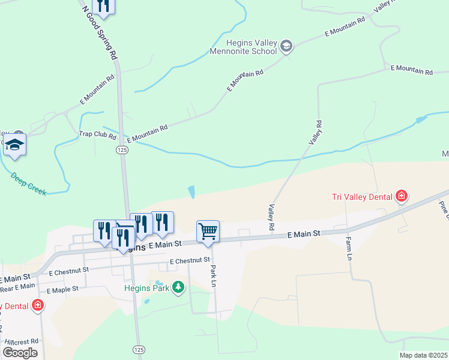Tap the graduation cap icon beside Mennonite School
pyautogui.click(x=287, y=46)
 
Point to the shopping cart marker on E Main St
pyautogui.click(x=208, y=231)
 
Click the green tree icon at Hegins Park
pyautogui.click(x=178, y=288)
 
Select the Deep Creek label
pyautogui.click(x=28, y=184)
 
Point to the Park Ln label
pyautogui.click(x=213, y=275)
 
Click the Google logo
pyautogui.click(x=20, y=353)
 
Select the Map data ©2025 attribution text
pyautogui.click(x=423, y=355)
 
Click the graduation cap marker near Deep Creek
pyautogui.click(x=14, y=145)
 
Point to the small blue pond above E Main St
pyautogui.click(x=191, y=192)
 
